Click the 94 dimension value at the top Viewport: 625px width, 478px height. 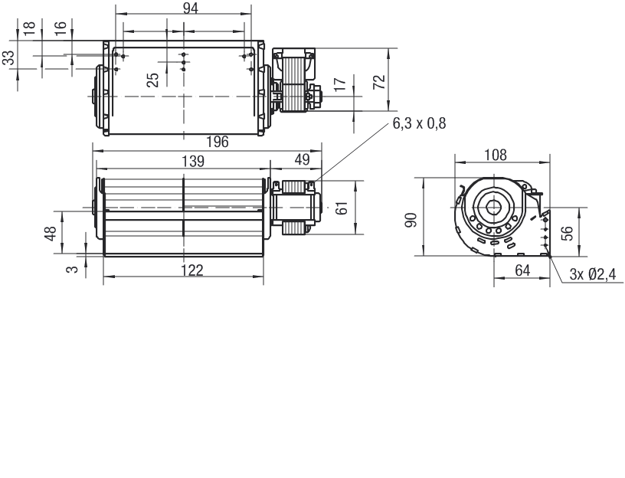click(x=191, y=8)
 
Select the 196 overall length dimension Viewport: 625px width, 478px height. click(x=218, y=142)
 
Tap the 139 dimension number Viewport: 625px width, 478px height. click(x=193, y=161)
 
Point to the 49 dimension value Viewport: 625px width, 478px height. click(x=302, y=159)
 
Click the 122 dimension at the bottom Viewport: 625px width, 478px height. click(x=192, y=270)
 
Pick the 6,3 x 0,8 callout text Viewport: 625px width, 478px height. click(x=419, y=123)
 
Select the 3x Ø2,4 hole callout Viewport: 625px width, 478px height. click(x=593, y=274)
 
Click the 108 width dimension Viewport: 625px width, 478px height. click(x=496, y=155)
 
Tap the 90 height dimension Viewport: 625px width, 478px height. click(x=411, y=220)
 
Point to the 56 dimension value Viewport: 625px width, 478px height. click(x=569, y=233)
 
